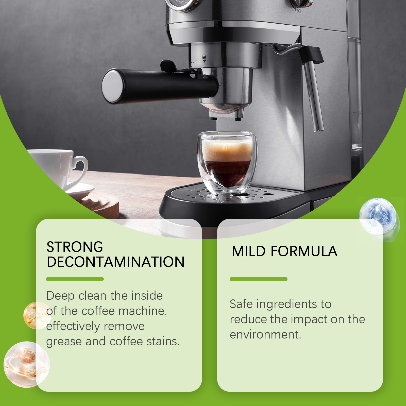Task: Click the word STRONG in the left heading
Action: coord(75,247)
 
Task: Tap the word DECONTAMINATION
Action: coord(116,262)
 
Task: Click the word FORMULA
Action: coord(304,251)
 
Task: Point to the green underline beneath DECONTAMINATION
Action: coord(75,279)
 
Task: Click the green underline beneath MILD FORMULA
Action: coord(259,279)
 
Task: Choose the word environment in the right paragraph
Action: coord(265,335)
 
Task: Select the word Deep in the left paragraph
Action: coord(60,296)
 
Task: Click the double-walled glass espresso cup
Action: coord(227,162)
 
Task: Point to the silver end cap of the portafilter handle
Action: coord(112,86)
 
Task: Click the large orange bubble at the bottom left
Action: coord(26,364)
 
